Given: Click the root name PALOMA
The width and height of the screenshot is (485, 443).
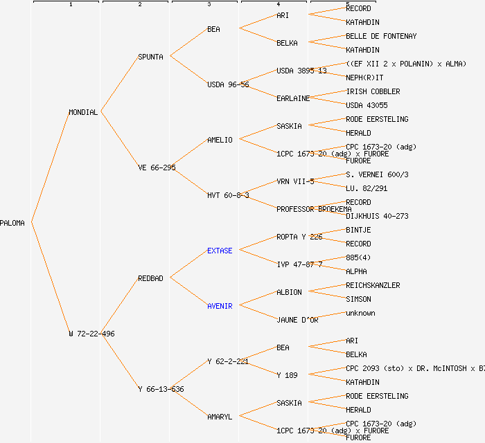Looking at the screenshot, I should (x=12, y=223).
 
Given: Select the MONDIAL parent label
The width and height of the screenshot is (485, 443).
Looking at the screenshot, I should (x=83, y=112).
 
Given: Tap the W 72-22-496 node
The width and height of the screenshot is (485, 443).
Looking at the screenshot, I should (x=91, y=334).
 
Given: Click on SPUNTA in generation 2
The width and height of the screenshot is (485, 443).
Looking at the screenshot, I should (x=150, y=57).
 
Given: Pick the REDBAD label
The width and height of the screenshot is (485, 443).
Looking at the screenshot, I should (x=150, y=278).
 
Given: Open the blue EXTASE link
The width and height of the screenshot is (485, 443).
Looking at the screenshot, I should (x=220, y=251).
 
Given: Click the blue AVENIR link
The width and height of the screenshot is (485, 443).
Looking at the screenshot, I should (x=220, y=306).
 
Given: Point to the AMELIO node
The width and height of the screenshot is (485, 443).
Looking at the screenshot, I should (x=220, y=140).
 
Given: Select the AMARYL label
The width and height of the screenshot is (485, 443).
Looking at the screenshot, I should (x=220, y=417).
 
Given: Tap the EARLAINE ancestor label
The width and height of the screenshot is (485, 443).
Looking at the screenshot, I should (x=293, y=98).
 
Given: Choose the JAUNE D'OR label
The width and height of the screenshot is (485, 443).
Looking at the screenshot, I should (x=297, y=320).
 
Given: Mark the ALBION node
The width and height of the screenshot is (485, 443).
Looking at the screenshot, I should (x=289, y=292).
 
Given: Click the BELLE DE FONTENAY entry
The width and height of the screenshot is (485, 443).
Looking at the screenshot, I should (x=381, y=36).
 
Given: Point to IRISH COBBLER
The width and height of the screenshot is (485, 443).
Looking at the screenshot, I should (x=373, y=91).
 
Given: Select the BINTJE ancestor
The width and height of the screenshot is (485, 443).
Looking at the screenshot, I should (x=358, y=230).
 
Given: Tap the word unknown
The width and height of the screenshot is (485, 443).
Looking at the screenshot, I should (x=360, y=313).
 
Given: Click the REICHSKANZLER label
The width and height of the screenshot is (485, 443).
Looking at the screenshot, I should (x=373, y=285).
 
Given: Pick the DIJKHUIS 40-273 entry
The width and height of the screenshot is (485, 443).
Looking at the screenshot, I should (x=377, y=216).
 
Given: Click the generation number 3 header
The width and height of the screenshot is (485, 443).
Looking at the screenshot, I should (x=209, y=5).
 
